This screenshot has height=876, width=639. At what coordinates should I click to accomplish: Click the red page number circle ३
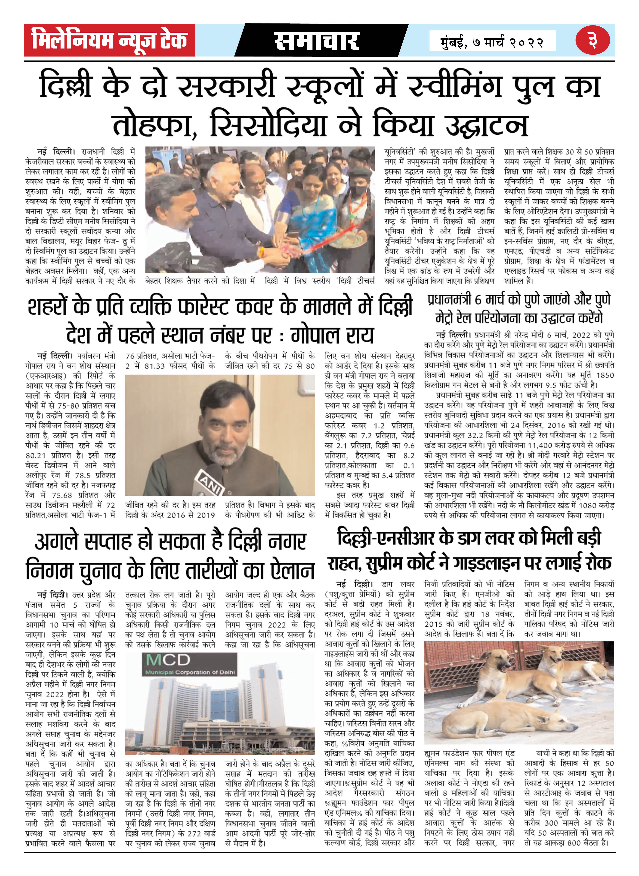click(592, 40)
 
